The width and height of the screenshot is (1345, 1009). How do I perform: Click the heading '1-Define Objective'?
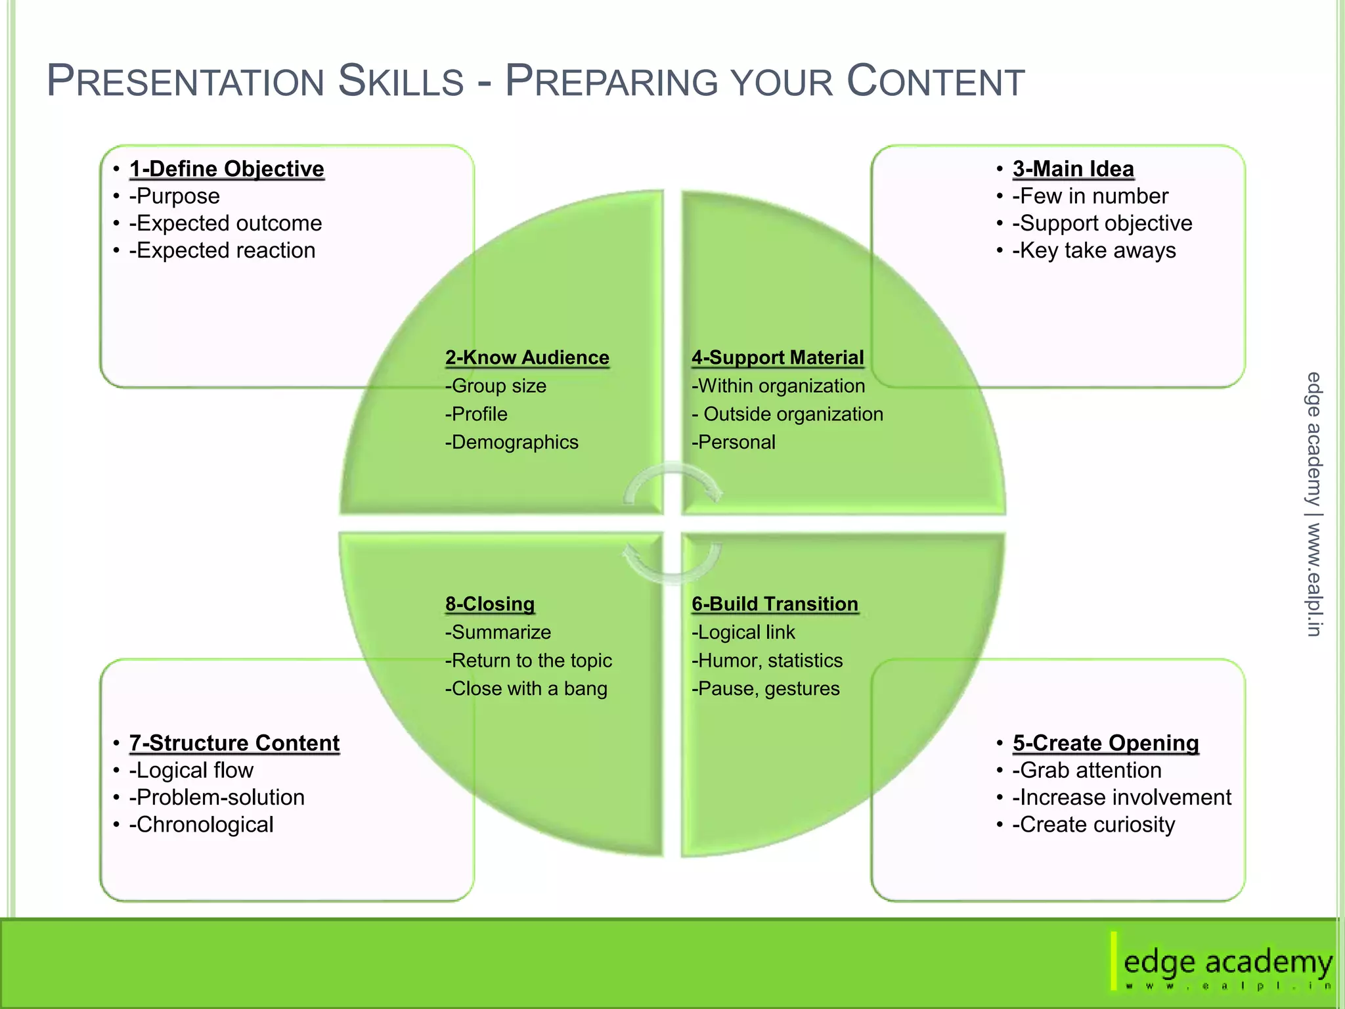(227, 169)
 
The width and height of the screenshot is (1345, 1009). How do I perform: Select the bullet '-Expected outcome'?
(225, 223)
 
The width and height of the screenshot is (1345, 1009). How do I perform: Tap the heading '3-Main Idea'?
(1073, 169)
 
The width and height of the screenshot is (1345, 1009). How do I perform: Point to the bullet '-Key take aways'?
(1093, 251)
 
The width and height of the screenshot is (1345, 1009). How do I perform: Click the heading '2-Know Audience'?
(527, 357)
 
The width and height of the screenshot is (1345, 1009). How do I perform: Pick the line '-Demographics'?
(512, 442)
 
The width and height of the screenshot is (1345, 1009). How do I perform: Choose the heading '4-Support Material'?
(778, 357)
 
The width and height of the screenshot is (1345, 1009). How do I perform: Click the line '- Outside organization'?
(787, 414)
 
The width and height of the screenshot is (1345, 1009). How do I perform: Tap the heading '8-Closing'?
(490, 604)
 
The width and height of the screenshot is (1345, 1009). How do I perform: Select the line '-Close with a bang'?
(526, 688)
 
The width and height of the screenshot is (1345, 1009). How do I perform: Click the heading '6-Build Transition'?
(775, 604)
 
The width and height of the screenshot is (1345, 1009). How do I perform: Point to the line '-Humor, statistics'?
(767, 660)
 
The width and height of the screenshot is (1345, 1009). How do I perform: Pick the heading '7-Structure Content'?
(234, 743)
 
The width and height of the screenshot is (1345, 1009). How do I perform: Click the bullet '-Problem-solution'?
(217, 797)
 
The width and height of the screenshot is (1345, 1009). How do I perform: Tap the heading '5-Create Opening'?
(1105, 743)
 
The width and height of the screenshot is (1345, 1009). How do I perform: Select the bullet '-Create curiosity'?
(1093, 824)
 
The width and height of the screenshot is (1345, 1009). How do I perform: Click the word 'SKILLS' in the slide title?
(401, 81)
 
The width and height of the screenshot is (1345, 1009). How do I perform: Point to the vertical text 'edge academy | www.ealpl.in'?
(1313, 504)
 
